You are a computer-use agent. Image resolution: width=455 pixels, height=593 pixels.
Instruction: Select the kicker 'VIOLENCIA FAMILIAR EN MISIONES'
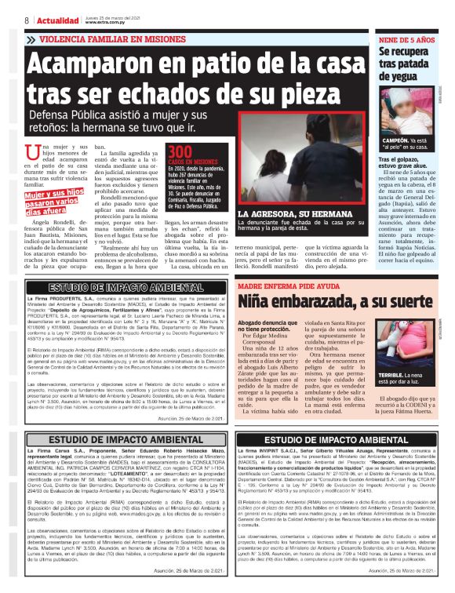pyautogui.click(x=110, y=38)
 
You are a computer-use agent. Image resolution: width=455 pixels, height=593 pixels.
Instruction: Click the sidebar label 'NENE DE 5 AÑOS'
pyautogui.click(x=407, y=38)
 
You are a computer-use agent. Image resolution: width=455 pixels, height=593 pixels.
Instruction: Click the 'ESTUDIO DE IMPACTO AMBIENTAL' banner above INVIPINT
pyautogui.click(x=340, y=439)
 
